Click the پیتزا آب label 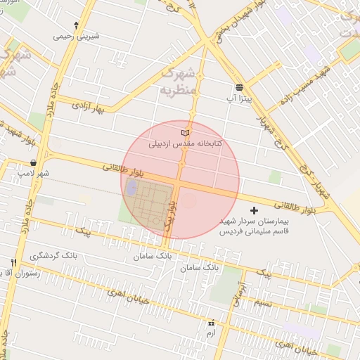coord(240,99)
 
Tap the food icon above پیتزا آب coord(240,88)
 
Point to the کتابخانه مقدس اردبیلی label coord(185,143)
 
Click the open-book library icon coord(185,132)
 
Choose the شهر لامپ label coord(34,173)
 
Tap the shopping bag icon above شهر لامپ coord(34,162)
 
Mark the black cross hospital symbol coord(255,210)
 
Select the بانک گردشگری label coord(53,256)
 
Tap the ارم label coord(211,333)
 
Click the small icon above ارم coord(211,323)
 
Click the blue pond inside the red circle coord(131,188)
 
